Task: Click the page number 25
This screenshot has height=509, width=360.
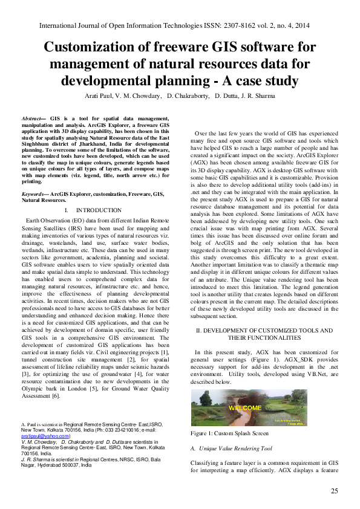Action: click(334, 490)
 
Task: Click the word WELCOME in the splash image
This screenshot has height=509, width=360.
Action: click(245, 407)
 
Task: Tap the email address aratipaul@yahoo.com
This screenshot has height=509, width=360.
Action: click(45, 435)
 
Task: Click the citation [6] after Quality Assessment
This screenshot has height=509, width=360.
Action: click(56, 396)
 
